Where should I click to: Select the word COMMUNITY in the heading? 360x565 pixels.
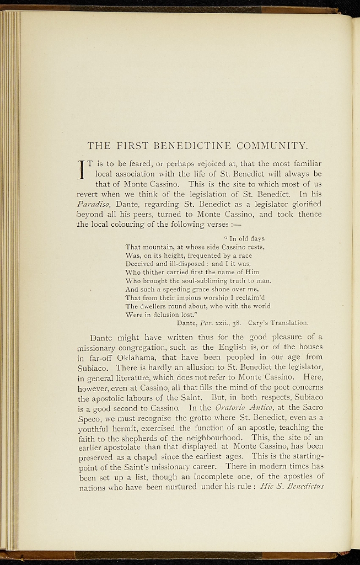coord(271,146)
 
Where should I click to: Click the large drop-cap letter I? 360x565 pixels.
coord(82,169)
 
